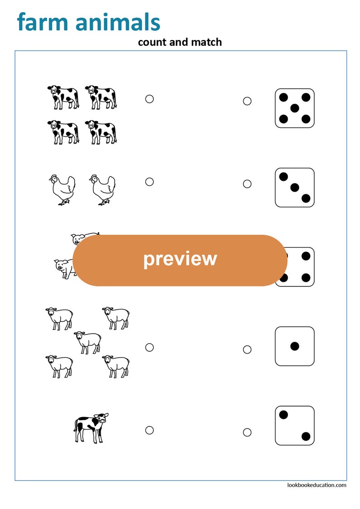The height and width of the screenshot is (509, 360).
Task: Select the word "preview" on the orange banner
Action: [x=180, y=258]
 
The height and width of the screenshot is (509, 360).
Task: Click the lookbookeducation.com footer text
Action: [x=316, y=485]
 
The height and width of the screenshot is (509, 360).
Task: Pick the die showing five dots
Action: [x=295, y=108]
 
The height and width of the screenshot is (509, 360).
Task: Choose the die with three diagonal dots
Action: [x=295, y=187]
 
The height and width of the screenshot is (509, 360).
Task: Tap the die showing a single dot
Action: [x=295, y=346]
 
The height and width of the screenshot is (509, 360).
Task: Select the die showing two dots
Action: [x=295, y=426]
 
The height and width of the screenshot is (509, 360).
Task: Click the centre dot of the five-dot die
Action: [x=295, y=108]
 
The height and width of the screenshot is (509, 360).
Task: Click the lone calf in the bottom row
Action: [x=91, y=427]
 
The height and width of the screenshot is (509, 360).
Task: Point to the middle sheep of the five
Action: [x=88, y=342]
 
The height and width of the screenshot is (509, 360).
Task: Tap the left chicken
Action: [x=62, y=189]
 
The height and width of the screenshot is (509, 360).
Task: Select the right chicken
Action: [x=102, y=189]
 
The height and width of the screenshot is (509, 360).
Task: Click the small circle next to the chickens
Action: [x=149, y=182]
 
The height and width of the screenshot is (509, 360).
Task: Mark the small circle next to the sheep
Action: [x=149, y=347]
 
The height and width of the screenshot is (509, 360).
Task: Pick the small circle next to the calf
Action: [x=149, y=430]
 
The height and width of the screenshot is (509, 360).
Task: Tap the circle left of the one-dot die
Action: [x=247, y=349]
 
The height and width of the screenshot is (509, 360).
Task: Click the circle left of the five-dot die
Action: [x=247, y=101]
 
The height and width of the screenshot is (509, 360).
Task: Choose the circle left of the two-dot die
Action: [x=247, y=432]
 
